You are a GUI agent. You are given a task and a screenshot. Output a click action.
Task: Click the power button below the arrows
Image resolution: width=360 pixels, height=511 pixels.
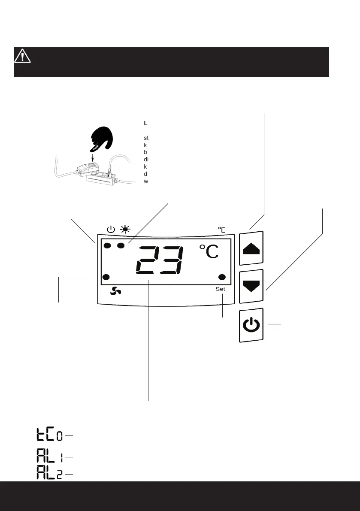point(251,325)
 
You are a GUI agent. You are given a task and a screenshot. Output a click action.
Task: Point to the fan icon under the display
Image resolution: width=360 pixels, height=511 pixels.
point(116,291)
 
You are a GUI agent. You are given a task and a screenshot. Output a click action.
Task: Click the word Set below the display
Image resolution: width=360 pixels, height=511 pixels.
point(220,289)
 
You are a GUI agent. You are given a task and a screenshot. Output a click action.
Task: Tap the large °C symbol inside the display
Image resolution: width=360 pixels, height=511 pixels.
point(209,252)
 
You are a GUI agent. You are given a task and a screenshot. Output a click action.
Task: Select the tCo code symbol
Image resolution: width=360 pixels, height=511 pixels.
point(49,435)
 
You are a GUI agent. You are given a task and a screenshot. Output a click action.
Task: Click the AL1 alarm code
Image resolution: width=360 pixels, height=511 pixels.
point(49,456)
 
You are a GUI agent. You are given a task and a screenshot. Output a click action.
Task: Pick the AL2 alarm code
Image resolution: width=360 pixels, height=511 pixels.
point(49,474)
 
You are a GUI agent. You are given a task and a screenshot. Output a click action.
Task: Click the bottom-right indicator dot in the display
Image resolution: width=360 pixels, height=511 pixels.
point(222,277)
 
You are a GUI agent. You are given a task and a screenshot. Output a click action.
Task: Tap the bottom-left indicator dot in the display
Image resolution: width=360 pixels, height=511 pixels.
point(107,277)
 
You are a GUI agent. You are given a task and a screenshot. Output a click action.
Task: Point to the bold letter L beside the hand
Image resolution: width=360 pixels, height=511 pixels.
point(146,123)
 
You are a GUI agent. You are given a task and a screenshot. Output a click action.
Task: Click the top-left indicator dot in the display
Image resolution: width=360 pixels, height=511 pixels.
point(107,246)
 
